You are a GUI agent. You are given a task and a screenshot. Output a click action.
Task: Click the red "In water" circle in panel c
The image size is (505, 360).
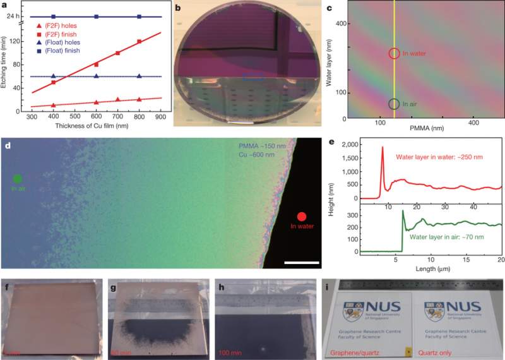[394, 54]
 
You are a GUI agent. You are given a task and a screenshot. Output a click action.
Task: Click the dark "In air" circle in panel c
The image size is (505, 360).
[394, 104]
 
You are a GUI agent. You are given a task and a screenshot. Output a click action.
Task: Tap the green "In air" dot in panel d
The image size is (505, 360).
[17, 179]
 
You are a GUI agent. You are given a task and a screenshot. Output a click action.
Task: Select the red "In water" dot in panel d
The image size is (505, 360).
[301, 217]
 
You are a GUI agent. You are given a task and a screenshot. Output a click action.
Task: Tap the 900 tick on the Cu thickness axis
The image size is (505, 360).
[161, 117]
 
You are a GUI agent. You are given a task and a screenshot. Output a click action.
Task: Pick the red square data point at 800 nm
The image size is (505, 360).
[140, 42]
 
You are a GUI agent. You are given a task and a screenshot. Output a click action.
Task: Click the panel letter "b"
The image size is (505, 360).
[178, 8]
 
